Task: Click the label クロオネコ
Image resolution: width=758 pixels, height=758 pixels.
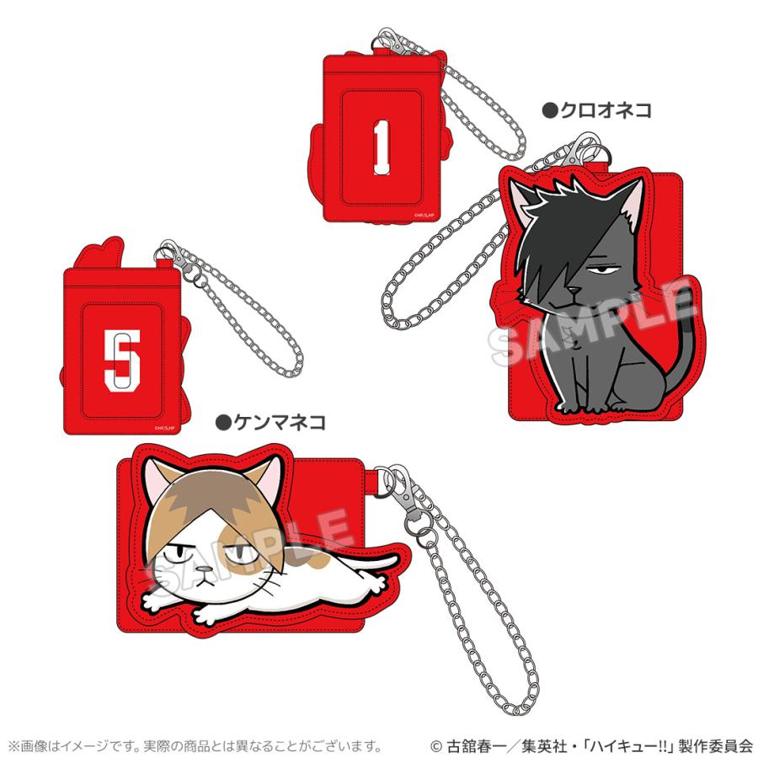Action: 596,110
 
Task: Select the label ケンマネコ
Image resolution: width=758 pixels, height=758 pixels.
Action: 270,419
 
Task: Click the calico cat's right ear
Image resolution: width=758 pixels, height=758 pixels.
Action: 264,483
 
